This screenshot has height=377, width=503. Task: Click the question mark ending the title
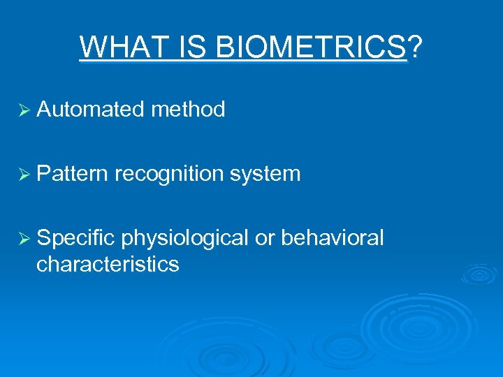415,47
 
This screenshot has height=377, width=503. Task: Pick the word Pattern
73,173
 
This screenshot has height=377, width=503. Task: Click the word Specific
75,238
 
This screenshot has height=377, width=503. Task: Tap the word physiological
184,238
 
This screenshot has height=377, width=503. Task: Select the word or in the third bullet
265,238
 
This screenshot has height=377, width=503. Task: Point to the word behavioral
333,238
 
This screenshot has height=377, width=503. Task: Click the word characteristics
108,265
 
